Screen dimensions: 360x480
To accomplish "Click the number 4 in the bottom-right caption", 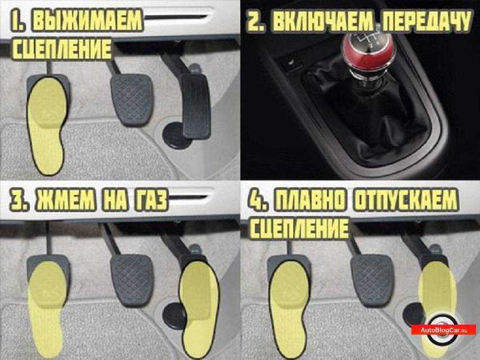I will pyautogui.click(x=254, y=201).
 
